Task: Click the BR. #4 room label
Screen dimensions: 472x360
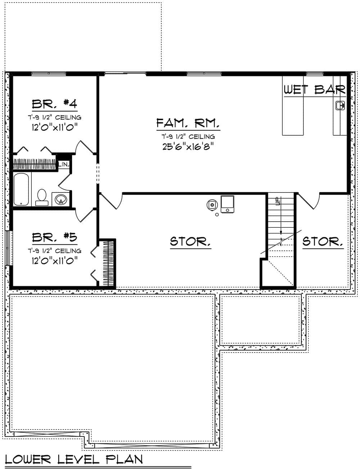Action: coord(54,104)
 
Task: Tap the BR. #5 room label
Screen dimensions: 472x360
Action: coord(54,237)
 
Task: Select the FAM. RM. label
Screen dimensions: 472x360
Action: coord(188,124)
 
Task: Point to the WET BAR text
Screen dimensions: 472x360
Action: coord(315,90)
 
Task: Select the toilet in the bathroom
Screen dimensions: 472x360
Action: coord(42,197)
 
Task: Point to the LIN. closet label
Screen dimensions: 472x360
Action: coord(64,164)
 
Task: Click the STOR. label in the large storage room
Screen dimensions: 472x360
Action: coord(190,241)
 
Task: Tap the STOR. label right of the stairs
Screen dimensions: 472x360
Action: coord(323,241)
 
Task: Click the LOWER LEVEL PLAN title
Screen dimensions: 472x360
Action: coord(74,459)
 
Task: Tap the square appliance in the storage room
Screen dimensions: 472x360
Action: coord(227,204)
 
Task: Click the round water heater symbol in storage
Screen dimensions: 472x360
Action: coord(212,205)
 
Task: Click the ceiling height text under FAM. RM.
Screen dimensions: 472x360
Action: coord(188,137)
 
